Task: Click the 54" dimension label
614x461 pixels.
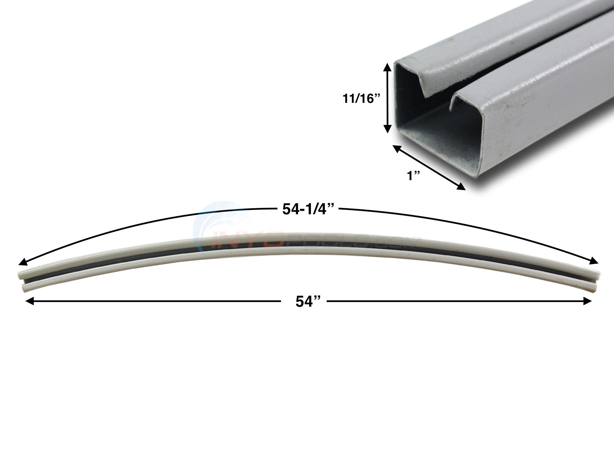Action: tap(304, 302)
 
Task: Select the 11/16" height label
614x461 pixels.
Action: tap(362, 99)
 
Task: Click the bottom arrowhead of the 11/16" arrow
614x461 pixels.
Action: tap(388, 130)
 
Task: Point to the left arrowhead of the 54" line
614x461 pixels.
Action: tap(29, 302)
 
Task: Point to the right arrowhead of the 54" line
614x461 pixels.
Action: tap(588, 302)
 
